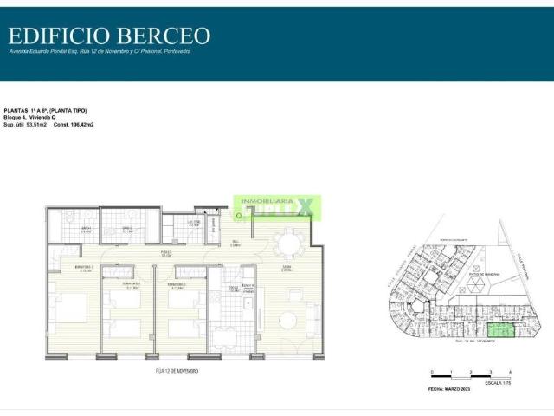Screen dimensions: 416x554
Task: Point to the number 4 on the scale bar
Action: point(510,370)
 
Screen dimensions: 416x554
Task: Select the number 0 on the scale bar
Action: point(430,370)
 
